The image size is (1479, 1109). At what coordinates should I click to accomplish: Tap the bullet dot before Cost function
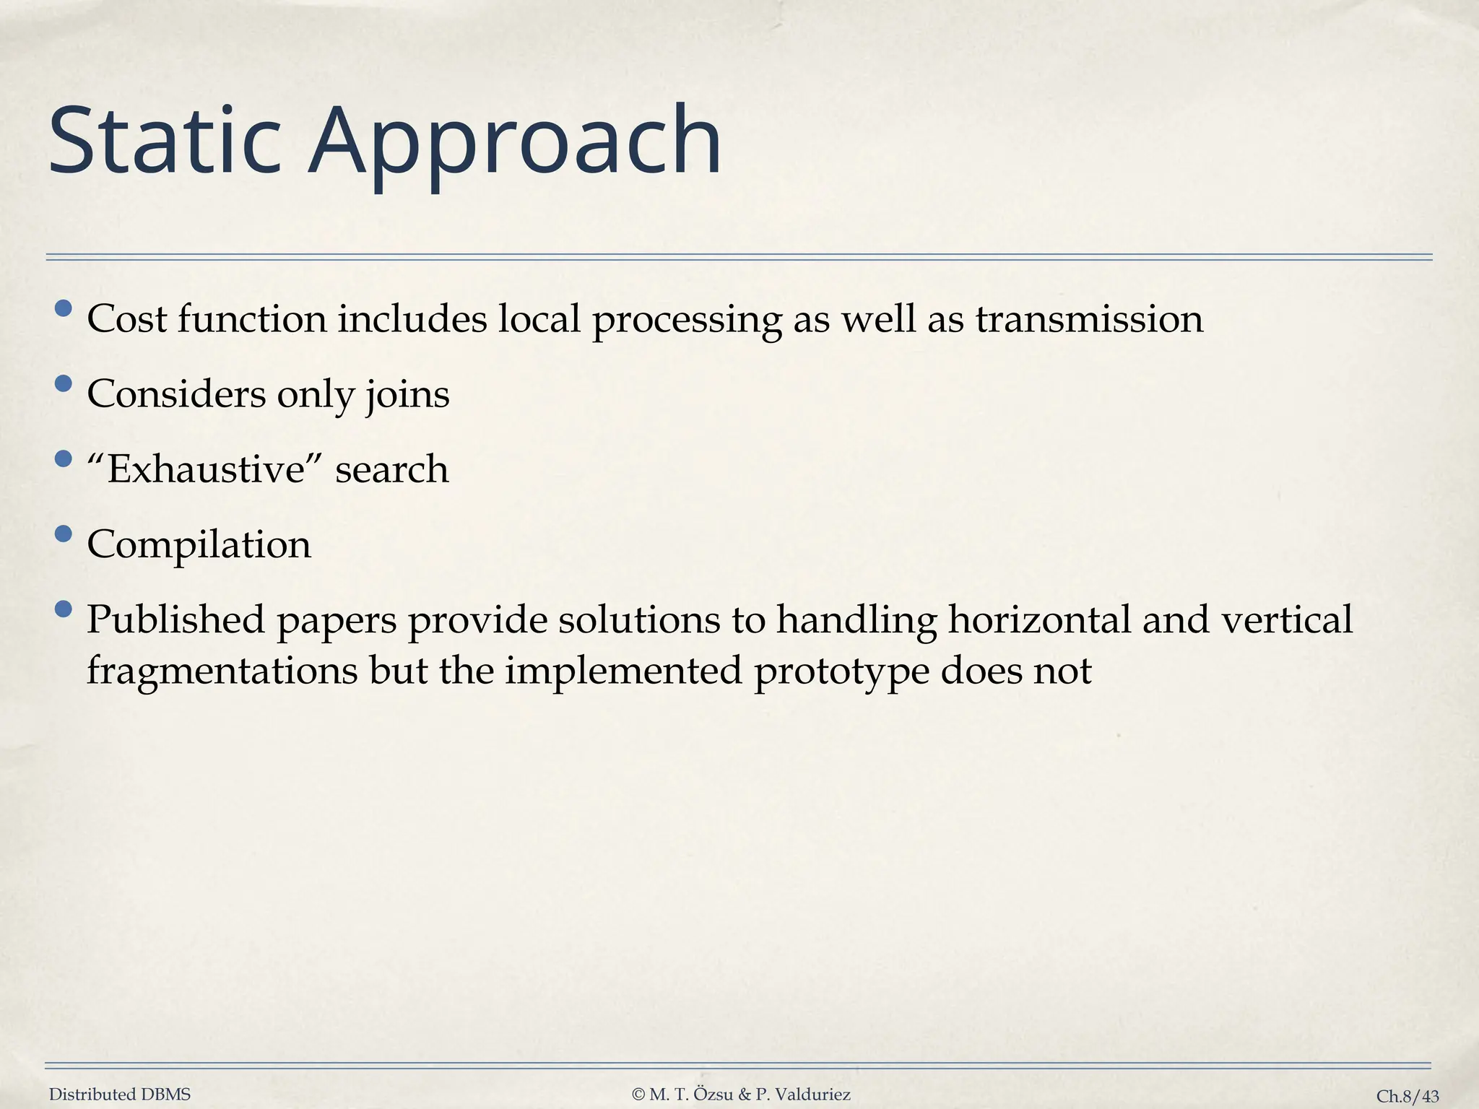[x=64, y=308]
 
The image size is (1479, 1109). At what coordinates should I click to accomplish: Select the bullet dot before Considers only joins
[x=64, y=383]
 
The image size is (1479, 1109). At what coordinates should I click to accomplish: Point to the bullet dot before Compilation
[x=64, y=534]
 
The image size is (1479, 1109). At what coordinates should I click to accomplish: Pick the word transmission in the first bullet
[x=1089, y=319]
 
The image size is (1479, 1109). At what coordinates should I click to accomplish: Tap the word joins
[x=407, y=396]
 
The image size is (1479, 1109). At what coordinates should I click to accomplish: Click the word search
[x=391, y=469]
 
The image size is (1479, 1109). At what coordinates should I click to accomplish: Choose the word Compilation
[x=199, y=545]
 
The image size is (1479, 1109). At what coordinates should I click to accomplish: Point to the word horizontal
[x=1038, y=619]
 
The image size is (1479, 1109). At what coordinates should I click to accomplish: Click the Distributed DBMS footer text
[x=120, y=1095]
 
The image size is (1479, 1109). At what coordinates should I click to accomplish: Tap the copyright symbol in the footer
[x=638, y=1095]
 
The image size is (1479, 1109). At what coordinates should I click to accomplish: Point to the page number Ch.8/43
[x=1408, y=1097]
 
